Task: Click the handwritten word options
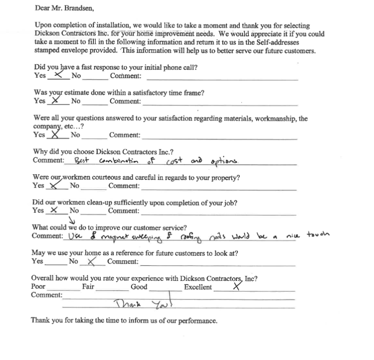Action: (225, 161)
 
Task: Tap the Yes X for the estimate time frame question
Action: (56, 100)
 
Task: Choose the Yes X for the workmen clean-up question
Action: (54, 210)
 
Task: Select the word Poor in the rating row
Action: (38, 287)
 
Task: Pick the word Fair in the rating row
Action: (88, 287)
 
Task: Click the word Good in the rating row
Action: (139, 287)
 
